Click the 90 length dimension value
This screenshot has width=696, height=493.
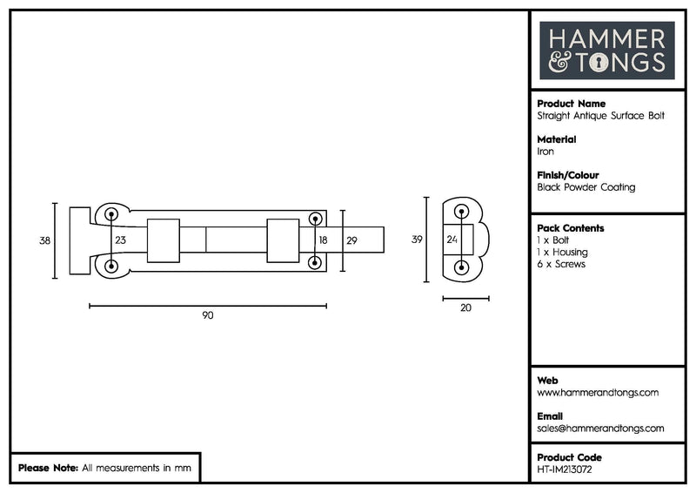click(207, 315)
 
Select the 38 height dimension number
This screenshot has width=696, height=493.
click(45, 240)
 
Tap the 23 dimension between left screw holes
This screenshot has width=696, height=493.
click(120, 240)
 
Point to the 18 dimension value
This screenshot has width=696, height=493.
click(323, 240)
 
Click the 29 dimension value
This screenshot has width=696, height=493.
click(351, 240)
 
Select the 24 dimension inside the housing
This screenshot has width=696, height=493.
click(452, 240)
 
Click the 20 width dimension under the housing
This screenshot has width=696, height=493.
click(465, 307)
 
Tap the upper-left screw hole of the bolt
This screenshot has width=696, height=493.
click(111, 214)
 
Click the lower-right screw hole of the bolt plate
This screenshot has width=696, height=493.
click(314, 265)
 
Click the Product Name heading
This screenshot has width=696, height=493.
click(571, 104)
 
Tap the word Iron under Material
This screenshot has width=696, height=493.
click(545, 152)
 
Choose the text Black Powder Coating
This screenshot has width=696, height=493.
click(586, 187)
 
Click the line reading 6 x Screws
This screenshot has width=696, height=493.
click(561, 264)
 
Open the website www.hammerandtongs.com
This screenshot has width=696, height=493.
click(598, 393)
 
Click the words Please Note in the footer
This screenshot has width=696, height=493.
click(48, 468)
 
